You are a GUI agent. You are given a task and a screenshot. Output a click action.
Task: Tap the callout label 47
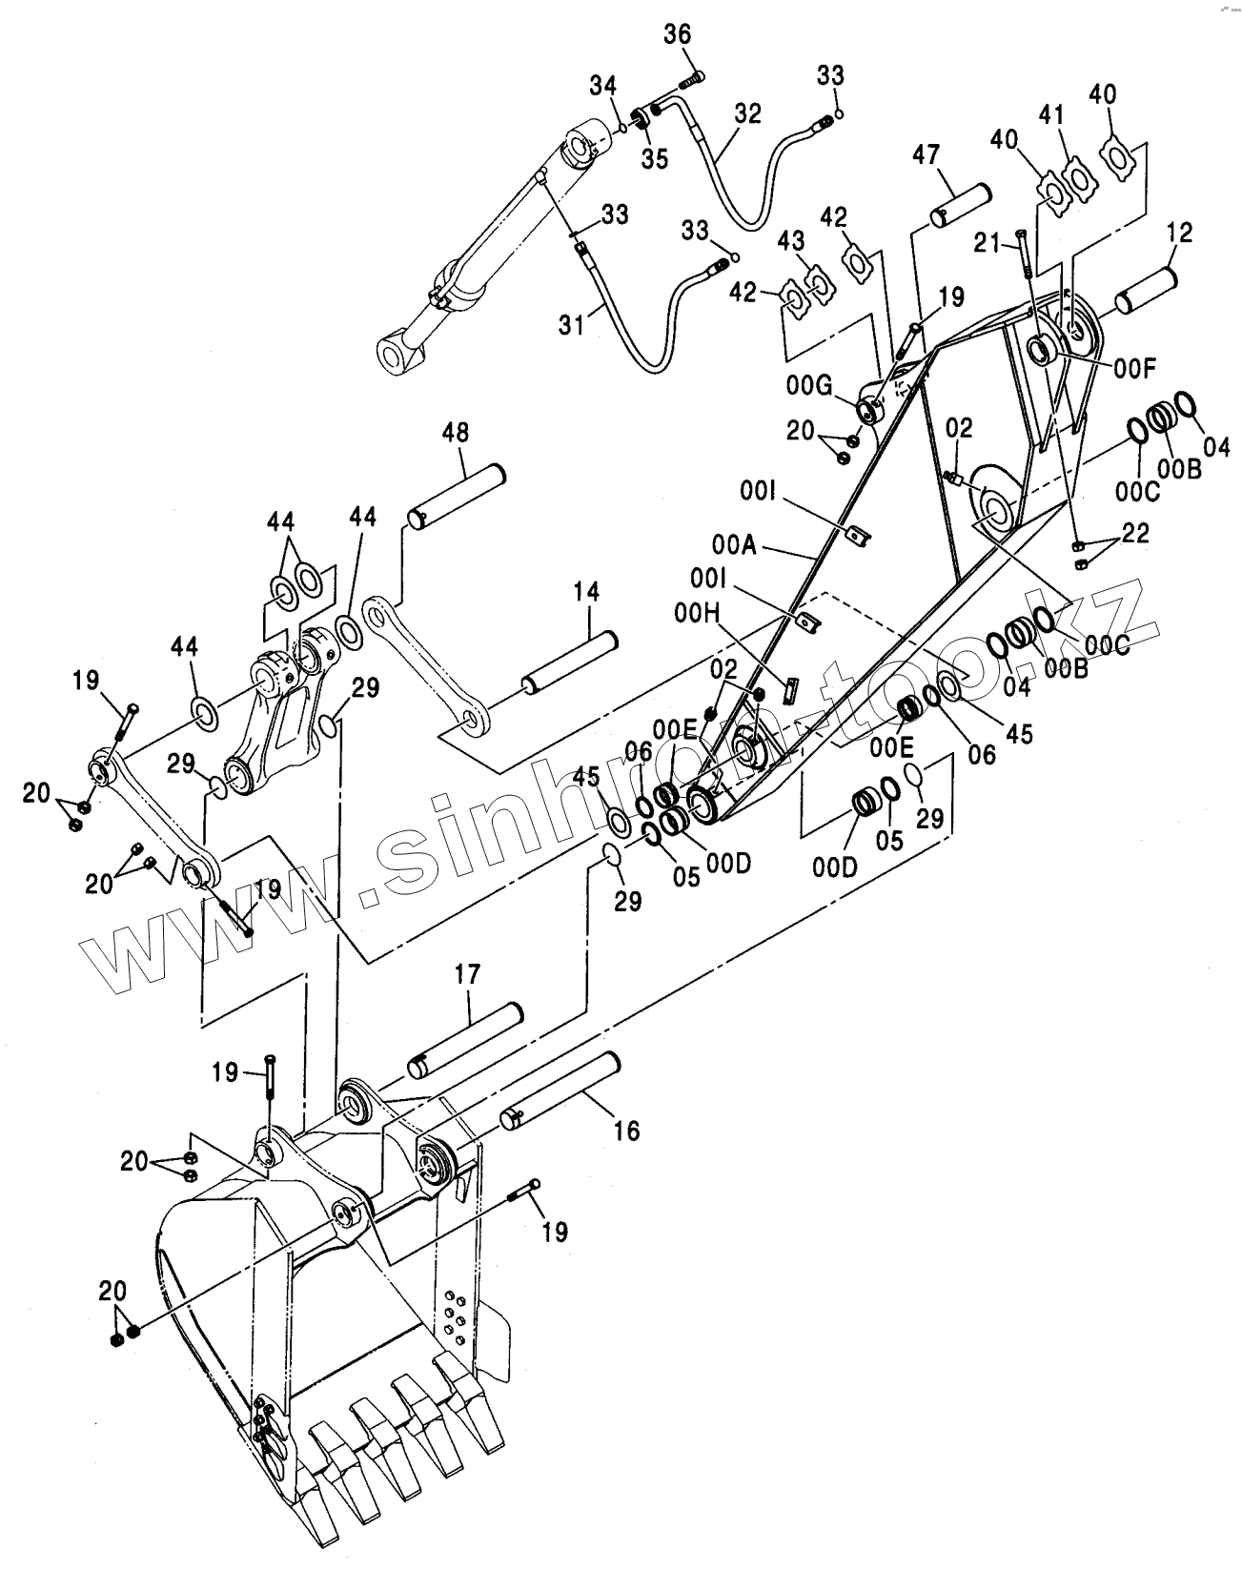[926, 154]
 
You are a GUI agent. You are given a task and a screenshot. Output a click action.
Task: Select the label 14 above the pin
[586, 592]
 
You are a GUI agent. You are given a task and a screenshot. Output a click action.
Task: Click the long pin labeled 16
[561, 1086]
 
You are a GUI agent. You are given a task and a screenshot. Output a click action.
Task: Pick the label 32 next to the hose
[747, 114]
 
